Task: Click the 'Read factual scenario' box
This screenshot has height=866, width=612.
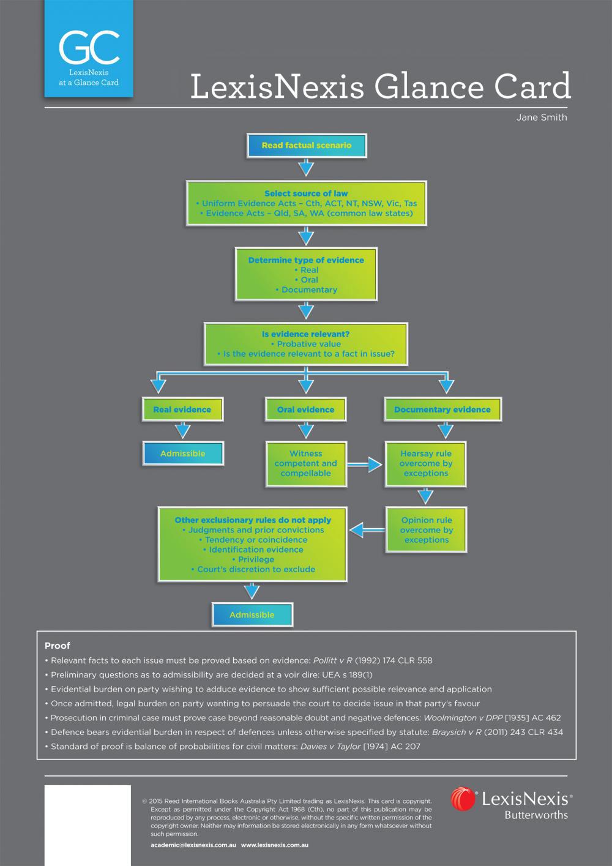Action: point(307,146)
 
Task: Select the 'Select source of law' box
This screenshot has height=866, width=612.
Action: point(306,203)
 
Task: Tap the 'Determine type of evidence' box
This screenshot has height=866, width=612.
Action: point(306,275)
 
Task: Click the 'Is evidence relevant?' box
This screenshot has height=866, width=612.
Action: point(306,344)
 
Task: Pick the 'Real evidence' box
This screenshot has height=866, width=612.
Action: point(182,409)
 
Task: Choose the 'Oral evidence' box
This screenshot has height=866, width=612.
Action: point(306,409)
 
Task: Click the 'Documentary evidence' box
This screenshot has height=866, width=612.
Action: point(442,409)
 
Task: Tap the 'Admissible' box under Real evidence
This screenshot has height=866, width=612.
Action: point(182,454)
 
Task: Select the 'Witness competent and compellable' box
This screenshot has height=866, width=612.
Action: point(306,463)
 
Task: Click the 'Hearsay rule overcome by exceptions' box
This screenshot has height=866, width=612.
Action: point(426,463)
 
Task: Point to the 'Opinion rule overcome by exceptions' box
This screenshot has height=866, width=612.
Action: point(427,530)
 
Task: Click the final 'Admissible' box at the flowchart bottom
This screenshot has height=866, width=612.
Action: point(252,614)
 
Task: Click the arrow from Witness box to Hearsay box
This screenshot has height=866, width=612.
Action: point(365,465)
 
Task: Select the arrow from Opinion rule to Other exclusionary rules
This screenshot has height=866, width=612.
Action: point(366,528)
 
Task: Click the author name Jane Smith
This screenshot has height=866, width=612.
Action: point(542,118)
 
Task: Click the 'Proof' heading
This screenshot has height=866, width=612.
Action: point(58,646)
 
